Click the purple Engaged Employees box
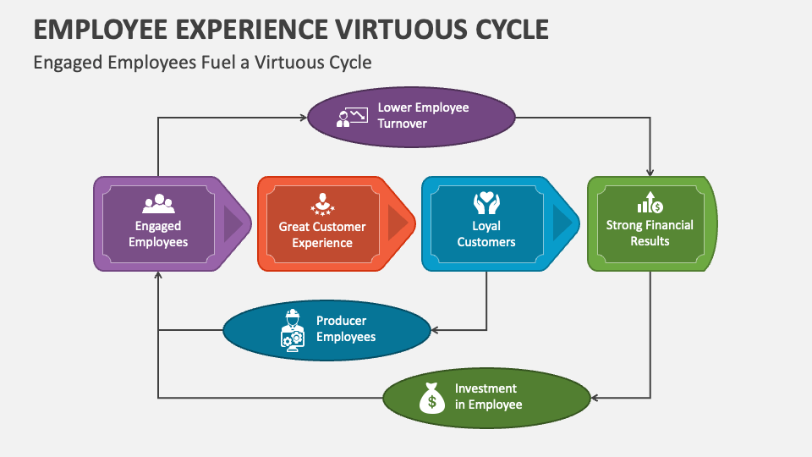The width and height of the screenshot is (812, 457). pyautogui.click(x=161, y=223)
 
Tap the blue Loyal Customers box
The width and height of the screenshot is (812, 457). pyautogui.click(x=487, y=223)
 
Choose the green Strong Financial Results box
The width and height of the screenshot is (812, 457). pyautogui.click(x=650, y=223)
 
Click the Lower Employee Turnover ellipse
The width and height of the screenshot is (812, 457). pyautogui.click(x=411, y=117)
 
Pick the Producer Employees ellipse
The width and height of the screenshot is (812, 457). pyautogui.click(x=327, y=329)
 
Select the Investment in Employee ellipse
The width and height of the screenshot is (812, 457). pyautogui.click(x=486, y=396)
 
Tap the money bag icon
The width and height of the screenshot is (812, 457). pyautogui.click(x=431, y=397)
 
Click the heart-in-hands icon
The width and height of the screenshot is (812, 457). pyautogui.click(x=486, y=202)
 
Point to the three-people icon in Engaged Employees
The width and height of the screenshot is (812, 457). pyautogui.click(x=158, y=204)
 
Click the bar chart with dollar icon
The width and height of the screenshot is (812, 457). pyautogui.click(x=649, y=202)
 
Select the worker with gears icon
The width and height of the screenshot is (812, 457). pyautogui.click(x=292, y=330)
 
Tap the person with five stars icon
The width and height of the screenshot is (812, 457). pyautogui.click(x=321, y=204)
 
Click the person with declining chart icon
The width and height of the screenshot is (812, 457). pyautogui.click(x=352, y=117)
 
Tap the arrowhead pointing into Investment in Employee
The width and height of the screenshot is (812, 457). pyautogui.click(x=595, y=397)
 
